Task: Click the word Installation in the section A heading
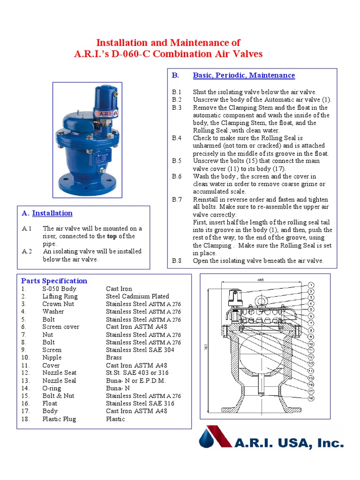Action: coord(52,213)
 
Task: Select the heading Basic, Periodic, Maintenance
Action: coord(244,75)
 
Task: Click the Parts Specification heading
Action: coord(54,281)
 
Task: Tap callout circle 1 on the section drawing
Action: coord(311,285)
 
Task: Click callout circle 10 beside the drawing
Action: coord(311,344)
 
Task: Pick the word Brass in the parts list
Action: coord(114,357)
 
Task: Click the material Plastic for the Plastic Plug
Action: coord(115,419)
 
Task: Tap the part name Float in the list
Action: coord(50,403)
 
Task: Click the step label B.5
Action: coord(176,161)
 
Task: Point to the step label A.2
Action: coord(27,251)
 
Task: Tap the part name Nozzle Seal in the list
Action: coord(59,380)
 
